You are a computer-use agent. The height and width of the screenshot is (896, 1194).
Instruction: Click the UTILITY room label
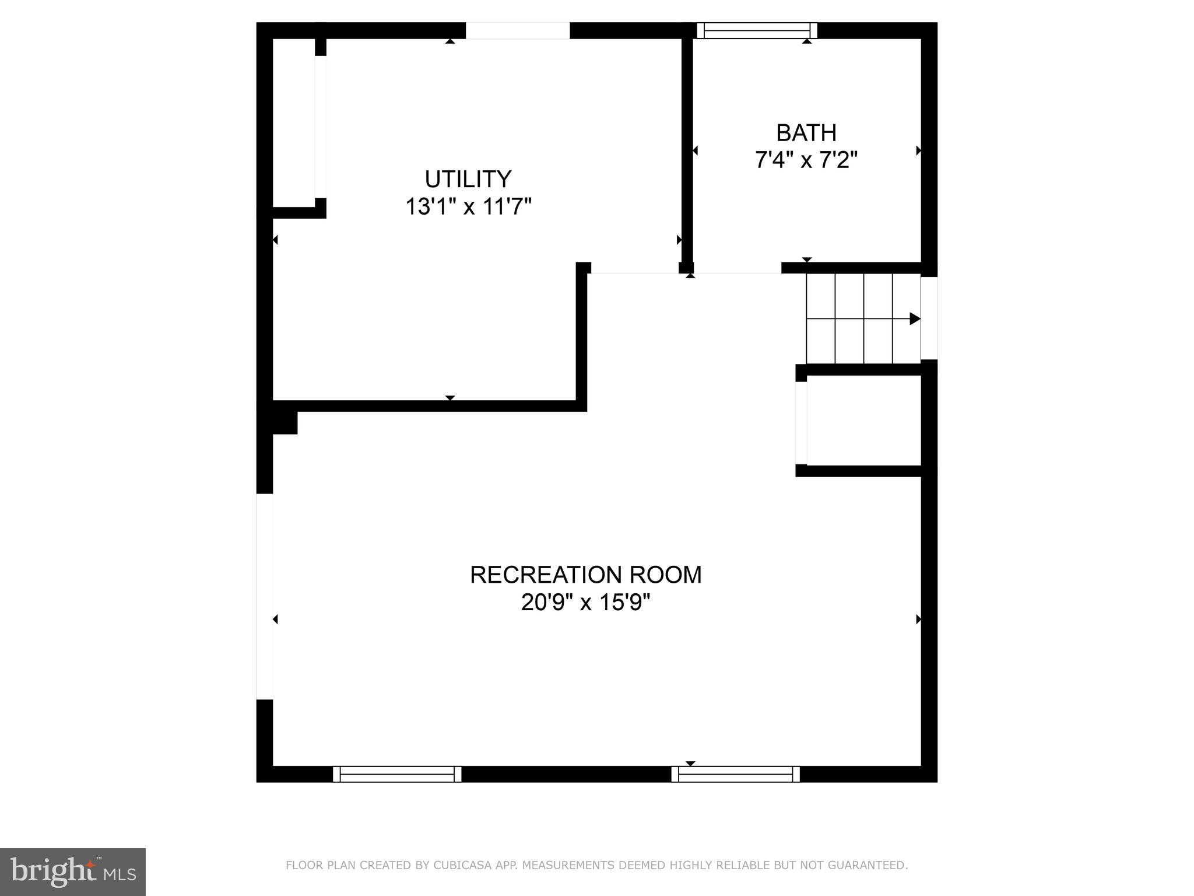pos(468,179)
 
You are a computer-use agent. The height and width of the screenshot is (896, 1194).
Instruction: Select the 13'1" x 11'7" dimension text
pos(468,206)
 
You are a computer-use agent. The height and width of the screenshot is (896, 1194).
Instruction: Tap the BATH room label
pos(806,133)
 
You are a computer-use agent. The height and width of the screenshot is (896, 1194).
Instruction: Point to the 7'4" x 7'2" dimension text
pos(806,160)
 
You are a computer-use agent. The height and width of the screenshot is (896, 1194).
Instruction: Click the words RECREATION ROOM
pos(585,575)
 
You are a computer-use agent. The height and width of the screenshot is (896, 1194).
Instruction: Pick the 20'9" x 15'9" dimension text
pos(585,602)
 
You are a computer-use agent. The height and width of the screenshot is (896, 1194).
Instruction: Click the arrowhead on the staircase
pos(915,319)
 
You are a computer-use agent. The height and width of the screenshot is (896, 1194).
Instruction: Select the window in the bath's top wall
pos(757,30)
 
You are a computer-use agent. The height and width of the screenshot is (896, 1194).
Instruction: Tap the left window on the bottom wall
pos(397,774)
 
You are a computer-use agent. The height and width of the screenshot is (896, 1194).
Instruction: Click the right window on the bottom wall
pos(735,774)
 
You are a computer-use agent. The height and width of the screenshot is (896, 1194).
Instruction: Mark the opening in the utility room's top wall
pos(517,30)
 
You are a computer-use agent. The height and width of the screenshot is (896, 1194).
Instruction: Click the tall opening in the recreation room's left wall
pos(265,596)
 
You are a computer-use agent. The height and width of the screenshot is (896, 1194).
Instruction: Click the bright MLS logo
pos(72,871)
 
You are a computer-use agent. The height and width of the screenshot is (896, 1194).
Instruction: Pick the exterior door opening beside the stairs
pos(929,318)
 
